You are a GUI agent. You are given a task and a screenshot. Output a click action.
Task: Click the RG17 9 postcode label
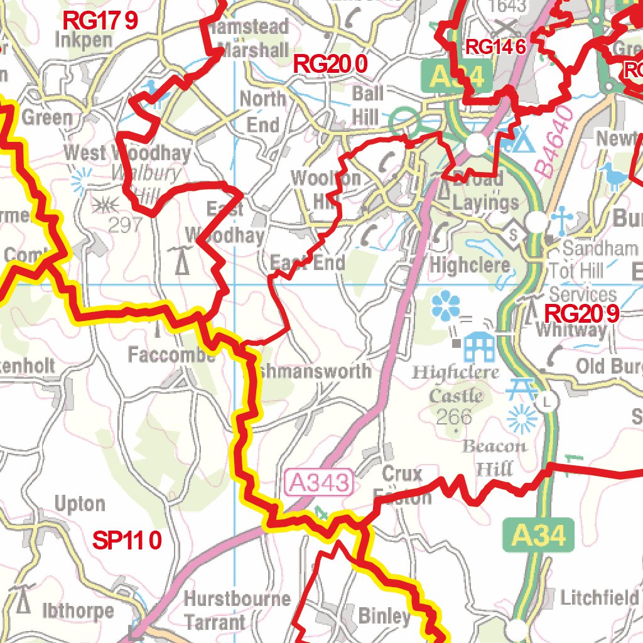point(100,21)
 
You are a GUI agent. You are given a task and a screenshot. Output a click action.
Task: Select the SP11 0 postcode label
point(127,540)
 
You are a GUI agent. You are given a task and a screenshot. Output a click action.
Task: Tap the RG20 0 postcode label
point(330,63)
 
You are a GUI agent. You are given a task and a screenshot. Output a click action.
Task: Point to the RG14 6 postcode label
point(495,46)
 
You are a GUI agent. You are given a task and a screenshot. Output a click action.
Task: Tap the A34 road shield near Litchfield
point(538,535)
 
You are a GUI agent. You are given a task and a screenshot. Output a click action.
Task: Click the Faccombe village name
point(171,355)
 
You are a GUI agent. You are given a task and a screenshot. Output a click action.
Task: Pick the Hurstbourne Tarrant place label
point(237,610)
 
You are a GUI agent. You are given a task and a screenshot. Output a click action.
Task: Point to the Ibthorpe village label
point(78,610)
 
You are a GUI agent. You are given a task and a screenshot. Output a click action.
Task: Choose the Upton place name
point(80,504)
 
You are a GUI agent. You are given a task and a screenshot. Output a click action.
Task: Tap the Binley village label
point(384,615)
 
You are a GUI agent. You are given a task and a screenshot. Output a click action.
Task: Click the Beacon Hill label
point(494,457)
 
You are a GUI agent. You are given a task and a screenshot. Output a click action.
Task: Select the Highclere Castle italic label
point(455,384)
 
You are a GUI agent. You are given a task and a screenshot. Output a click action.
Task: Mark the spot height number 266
point(455,416)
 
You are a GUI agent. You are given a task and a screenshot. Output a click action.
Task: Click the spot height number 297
point(125,225)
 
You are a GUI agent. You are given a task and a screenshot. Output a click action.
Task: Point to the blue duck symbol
point(612,175)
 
